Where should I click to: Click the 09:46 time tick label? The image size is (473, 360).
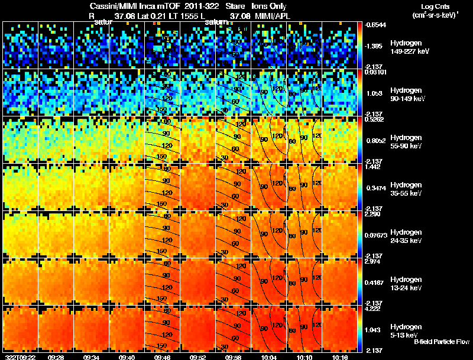click(x=163, y=357)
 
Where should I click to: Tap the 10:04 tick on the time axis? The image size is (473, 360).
click(x=269, y=357)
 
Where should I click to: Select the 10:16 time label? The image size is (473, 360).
click(x=340, y=357)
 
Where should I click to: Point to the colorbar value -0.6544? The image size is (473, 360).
click(x=375, y=25)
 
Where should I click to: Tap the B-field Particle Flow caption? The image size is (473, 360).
click(x=442, y=342)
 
